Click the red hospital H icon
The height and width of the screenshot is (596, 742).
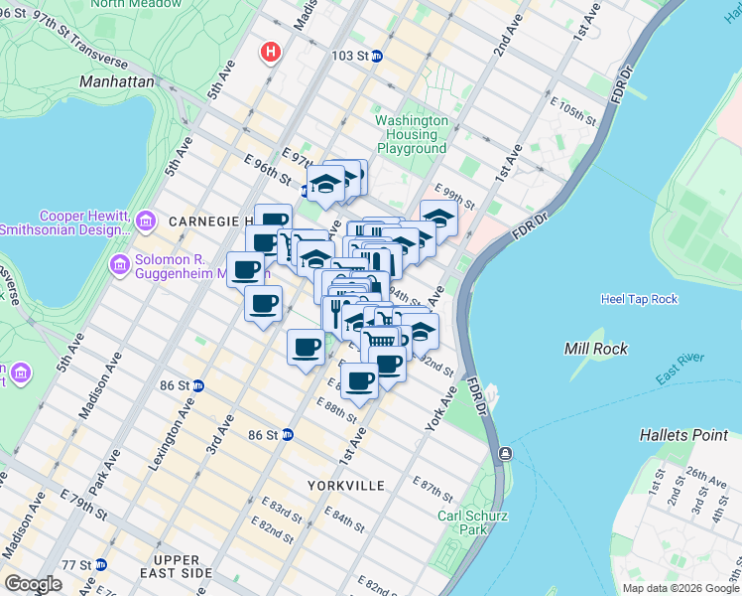269,52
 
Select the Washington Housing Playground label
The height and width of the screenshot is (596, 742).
411,134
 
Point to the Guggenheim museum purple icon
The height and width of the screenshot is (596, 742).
120,265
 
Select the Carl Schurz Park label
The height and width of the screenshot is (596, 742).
462,522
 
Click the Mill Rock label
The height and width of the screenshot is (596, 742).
592,349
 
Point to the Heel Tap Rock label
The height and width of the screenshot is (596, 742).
639,299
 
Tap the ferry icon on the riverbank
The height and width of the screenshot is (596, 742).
506,453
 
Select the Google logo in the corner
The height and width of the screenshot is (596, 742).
34,584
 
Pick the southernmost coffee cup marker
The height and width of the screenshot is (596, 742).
360,379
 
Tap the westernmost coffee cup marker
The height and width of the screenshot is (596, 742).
245,268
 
